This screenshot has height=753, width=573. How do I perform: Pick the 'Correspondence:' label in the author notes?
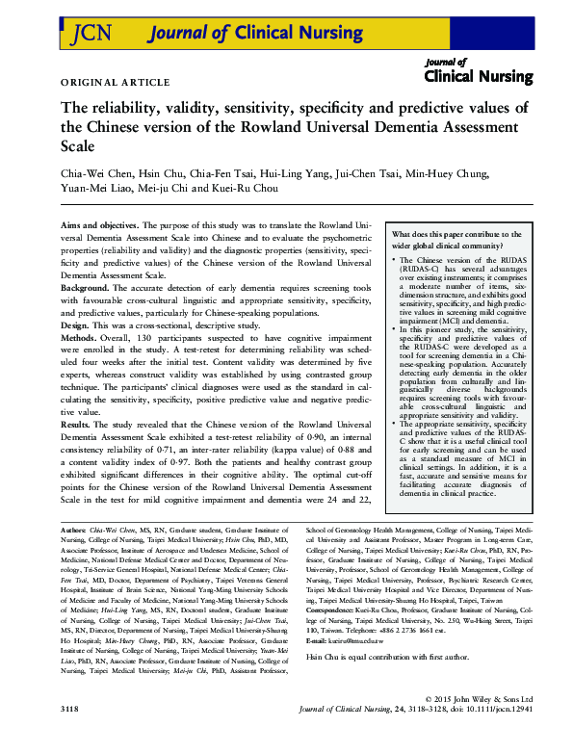coord(334,610)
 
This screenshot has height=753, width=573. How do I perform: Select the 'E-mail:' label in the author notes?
coord(318,640)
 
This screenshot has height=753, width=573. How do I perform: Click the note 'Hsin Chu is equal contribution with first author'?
coord(385,656)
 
